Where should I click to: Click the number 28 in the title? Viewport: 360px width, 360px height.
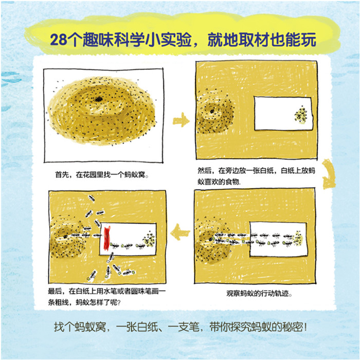pos(58,40)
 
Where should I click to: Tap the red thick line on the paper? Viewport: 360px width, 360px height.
pos(107,238)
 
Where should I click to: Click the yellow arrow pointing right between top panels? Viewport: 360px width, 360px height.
pos(181,120)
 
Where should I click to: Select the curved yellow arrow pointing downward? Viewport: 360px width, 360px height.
pos(329,174)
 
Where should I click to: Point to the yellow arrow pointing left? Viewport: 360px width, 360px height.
pos(180,232)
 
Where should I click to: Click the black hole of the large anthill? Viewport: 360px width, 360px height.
pos(99,99)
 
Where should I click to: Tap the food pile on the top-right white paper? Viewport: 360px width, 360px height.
pos(301,115)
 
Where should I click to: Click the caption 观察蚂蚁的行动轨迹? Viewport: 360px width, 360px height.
pos(259,294)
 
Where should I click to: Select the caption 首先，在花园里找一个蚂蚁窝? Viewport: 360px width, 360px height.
pos(102,175)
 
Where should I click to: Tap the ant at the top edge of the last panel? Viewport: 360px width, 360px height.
pos(92,197)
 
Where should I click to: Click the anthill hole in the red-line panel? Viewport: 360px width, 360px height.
pos(65,236)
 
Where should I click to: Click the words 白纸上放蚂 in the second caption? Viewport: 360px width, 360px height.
pos(298,171)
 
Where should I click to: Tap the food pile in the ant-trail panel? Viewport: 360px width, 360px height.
pos(298,239)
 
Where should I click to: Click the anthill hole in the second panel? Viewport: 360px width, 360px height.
pos(212,112)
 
